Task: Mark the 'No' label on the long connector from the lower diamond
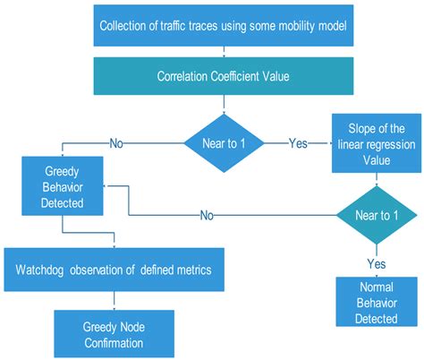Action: (x=207, y=216)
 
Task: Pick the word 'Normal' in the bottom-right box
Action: (x=375, y=289)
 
